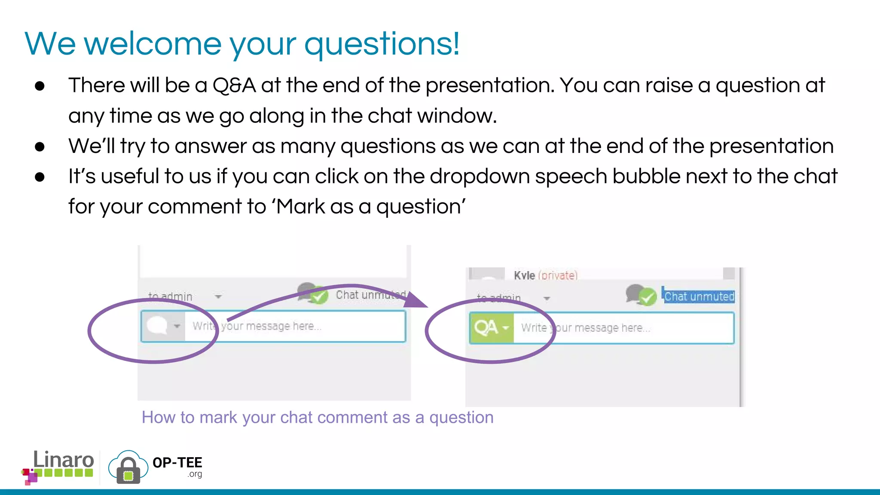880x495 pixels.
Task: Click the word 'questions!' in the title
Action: point(382,44)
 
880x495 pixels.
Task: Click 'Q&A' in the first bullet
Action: point(234,85)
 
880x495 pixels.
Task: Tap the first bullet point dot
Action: point(40,86)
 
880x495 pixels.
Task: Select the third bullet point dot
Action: point(40,177)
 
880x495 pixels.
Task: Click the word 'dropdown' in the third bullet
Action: point(479,177)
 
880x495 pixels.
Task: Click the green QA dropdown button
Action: point(491,328)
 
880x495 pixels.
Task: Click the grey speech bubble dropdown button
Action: point(163,326)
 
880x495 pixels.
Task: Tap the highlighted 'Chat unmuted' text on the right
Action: point(699,296)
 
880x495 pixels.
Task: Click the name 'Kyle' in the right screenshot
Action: point(524,275)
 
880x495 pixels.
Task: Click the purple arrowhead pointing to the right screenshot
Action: point(416,299)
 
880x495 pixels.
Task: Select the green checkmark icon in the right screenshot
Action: point(647,296)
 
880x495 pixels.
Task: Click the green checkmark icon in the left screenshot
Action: point(319,296)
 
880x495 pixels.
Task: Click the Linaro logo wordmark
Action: point(63,460)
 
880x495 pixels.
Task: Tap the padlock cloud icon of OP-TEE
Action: point(128,467)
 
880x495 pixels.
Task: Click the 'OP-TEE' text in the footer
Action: point(177,463)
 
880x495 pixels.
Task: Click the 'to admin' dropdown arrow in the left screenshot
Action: point(218,296)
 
